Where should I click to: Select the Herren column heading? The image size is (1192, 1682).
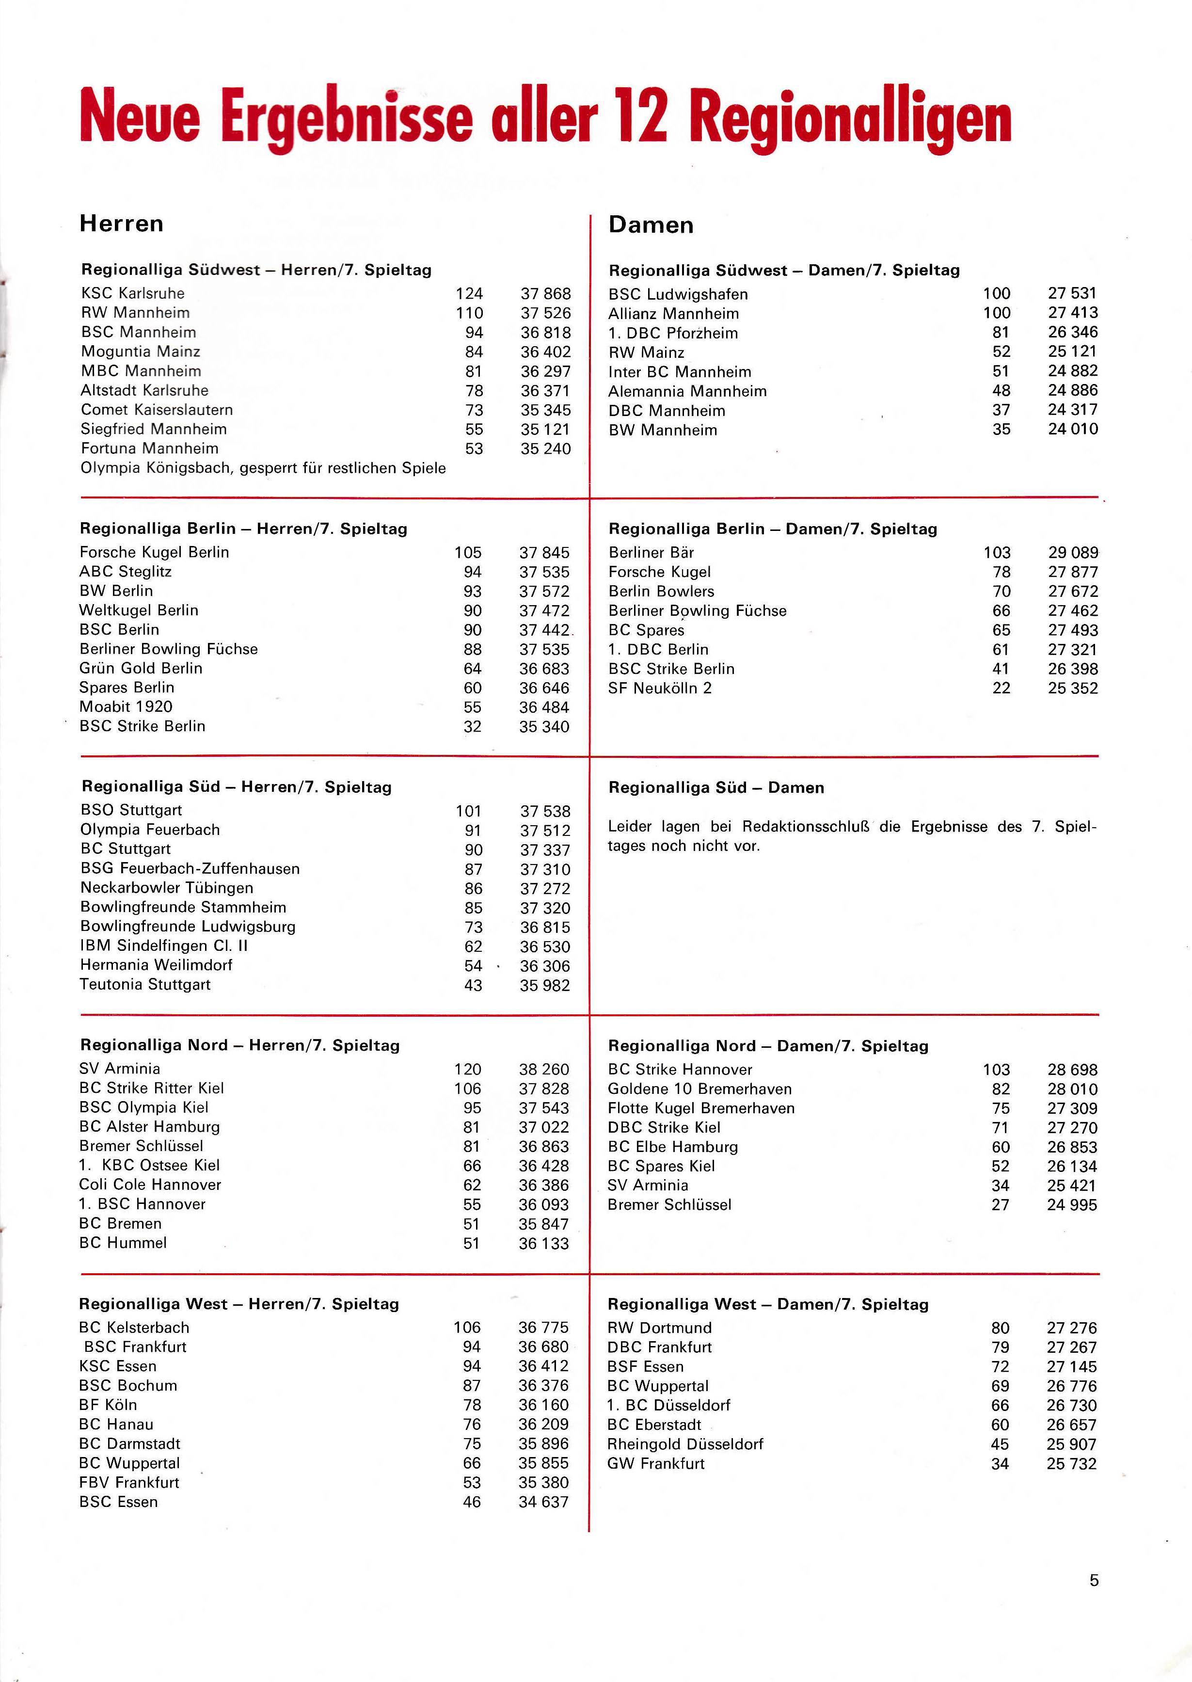121,223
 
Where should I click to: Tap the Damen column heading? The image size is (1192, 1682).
651,224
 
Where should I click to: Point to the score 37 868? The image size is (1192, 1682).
545,294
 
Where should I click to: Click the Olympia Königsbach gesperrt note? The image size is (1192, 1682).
263,468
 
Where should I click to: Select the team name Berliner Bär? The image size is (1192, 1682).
651,553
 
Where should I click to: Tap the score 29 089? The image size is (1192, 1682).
1072,553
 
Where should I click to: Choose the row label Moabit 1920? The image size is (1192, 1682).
126,707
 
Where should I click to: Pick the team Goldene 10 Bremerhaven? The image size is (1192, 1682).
699,1089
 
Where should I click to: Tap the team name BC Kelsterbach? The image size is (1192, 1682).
134,1328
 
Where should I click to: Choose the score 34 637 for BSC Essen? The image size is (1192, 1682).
543,1502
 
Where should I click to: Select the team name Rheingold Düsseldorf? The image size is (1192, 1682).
685,1444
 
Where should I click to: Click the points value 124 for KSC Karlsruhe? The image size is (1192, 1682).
469,294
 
